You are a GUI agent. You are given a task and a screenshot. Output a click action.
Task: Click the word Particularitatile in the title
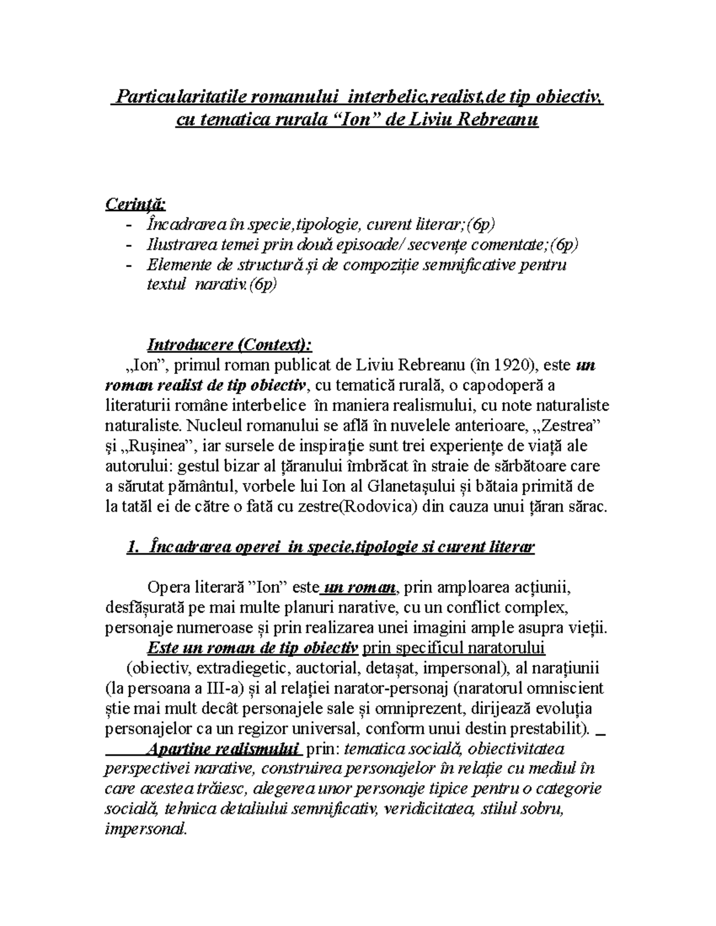click(177, 95)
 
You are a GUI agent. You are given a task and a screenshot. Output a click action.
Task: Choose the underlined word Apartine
click(178, 748)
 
